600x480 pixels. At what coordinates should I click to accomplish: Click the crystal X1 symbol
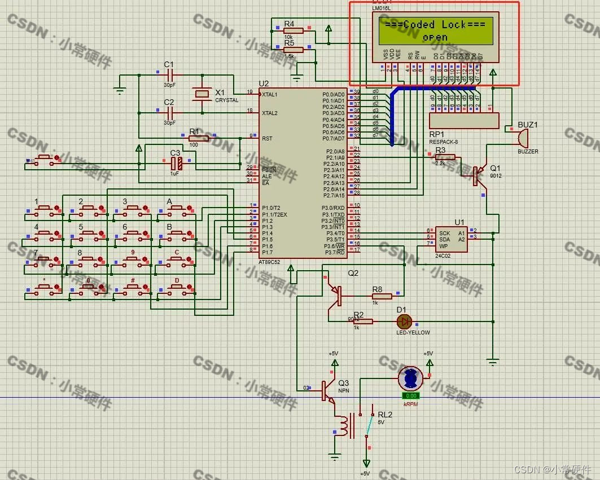200,94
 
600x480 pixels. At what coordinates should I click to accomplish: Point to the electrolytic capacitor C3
176,163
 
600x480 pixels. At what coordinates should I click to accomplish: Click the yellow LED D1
404,322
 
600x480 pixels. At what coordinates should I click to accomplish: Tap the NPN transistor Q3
327,389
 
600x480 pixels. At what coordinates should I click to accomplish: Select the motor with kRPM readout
410,378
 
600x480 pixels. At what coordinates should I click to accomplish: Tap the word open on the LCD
435,38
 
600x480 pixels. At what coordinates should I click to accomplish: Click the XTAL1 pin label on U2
270,94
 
